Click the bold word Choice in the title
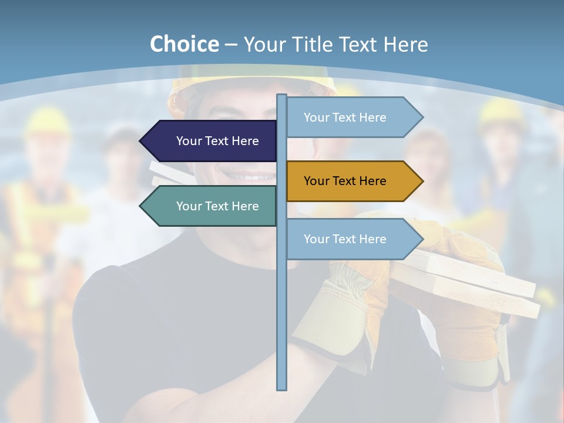pyautogui.click(x=184, y=44)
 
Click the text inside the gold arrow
pyautogui.click(x=345, y=181)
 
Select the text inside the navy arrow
pyautogui.click(x=217, y=141)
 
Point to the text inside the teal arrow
pyautogui.click(x=217, y=206)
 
